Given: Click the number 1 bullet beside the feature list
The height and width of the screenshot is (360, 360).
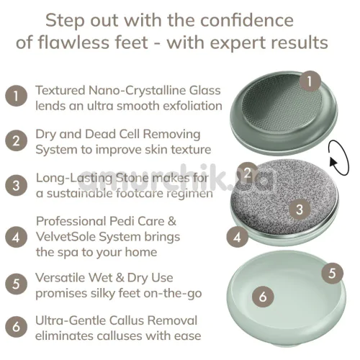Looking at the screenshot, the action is (16, 96).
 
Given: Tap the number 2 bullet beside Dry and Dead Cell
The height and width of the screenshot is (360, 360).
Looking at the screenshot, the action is (16, 140).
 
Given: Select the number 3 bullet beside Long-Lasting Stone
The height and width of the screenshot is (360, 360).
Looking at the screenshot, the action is (16, 185).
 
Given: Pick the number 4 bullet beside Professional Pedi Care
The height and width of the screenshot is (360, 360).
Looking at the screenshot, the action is (16, 237).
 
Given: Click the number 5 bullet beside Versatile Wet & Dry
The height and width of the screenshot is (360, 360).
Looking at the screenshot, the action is (16, 284).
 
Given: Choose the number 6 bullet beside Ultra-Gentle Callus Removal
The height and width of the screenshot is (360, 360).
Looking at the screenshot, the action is (16, 327).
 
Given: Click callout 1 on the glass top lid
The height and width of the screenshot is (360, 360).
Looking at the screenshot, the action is (310, 81).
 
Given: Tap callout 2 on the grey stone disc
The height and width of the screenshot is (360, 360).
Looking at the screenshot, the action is (248, 173).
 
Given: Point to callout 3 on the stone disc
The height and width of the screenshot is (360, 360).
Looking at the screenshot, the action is (300, 210).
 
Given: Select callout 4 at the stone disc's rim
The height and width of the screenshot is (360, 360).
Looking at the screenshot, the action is (238, 237).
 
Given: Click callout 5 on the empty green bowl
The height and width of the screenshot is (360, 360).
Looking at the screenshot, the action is (332, 273).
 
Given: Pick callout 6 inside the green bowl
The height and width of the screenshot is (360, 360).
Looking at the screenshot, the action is (263, 297).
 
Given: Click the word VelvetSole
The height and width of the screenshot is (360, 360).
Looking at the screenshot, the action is (66, 237).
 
